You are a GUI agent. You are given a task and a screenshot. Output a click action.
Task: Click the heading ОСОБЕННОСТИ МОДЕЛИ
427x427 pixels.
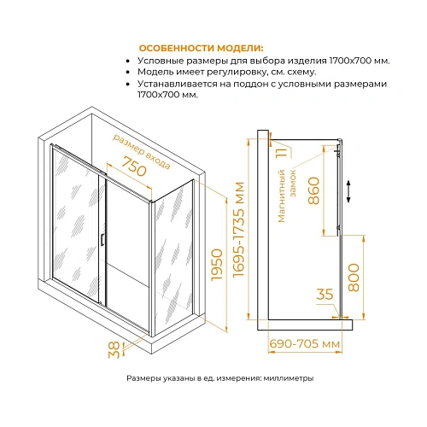coord(201,48)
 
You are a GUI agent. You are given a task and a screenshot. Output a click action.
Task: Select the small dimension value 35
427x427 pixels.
coord(325,295)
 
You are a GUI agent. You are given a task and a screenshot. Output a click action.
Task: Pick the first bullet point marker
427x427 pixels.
coord(128,61)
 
